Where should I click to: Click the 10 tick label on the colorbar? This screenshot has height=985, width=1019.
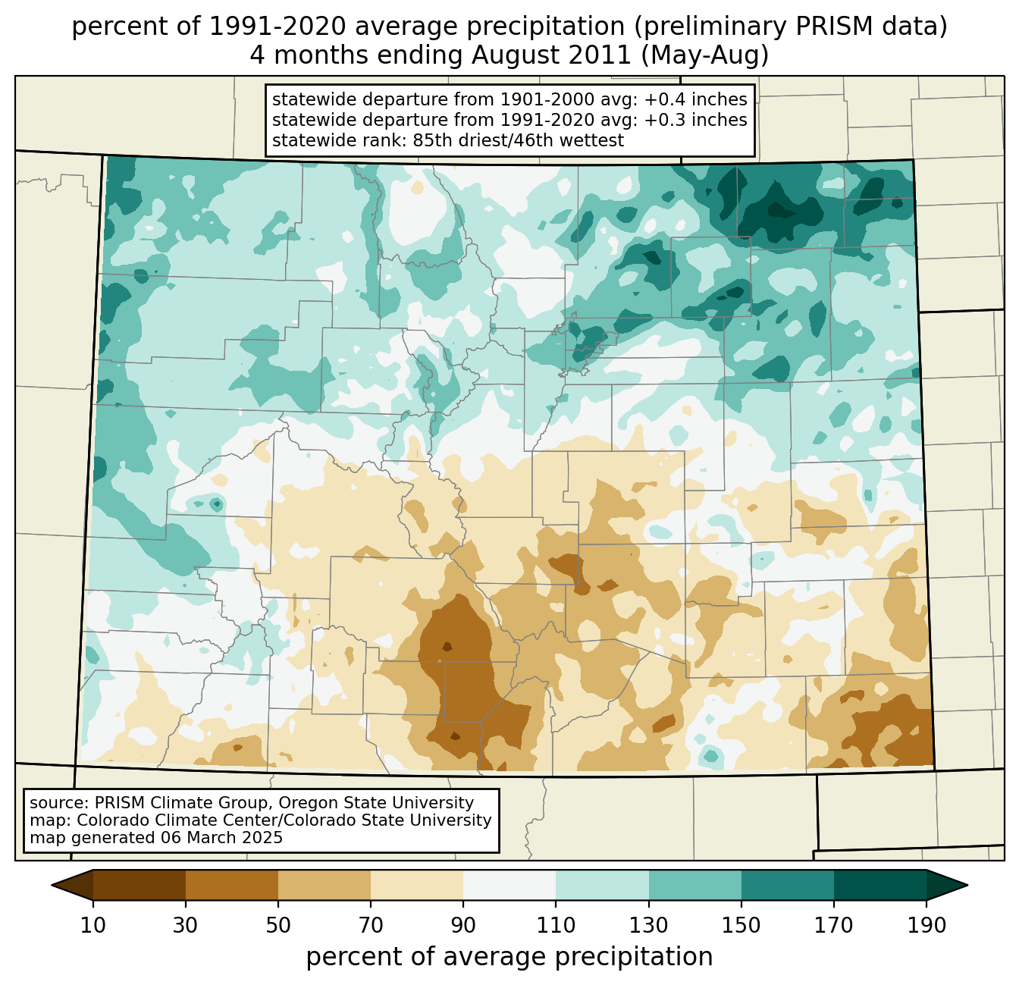pyautogui.click(x=93, y=926)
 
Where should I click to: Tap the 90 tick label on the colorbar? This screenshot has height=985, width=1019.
pyautogui.click(x=463, y=926)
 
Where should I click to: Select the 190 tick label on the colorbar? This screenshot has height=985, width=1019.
pyautogui.click(x=927, y=926)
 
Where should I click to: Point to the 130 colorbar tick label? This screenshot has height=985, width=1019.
pyautogui.click(x=649, y=926)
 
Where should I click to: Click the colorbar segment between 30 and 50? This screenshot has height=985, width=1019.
pyautogui.click(x=232, y=885)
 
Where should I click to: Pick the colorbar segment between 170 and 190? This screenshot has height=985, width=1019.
pyautogui.click(x=880, y=885)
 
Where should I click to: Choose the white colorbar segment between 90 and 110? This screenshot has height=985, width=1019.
pyautogui.click(x=509, y=885)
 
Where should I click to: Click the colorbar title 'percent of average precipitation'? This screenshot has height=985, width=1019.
pyautogui.click(x=509, y=957)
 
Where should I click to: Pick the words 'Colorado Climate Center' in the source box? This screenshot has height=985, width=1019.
pyautogui.click(x=165, y=820)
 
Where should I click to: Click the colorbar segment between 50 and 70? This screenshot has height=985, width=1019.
pyautogui.click(x=325, y=885)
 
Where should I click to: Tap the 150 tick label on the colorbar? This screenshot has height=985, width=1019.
pyautogui.click(x=742, y=926)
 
